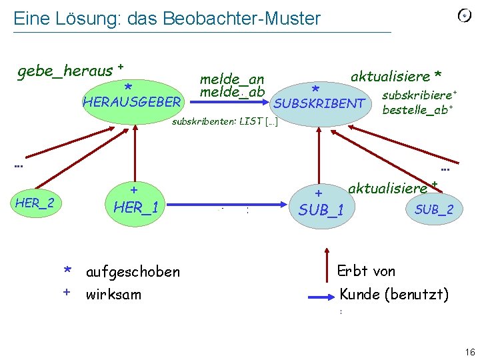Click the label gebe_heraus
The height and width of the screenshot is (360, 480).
tap(65, 69)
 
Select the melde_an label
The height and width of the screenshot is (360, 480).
tap(232, 79)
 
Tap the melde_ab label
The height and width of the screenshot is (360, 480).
tap(232, 91)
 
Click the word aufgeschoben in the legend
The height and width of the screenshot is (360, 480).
tap(133, 271)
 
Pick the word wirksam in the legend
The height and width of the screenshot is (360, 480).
tap(113, 294)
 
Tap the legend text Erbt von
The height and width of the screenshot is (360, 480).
tap(366, 271)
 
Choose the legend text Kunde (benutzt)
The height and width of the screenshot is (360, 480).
tap(394, 293)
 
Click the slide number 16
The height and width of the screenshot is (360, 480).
tap(469, 351)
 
